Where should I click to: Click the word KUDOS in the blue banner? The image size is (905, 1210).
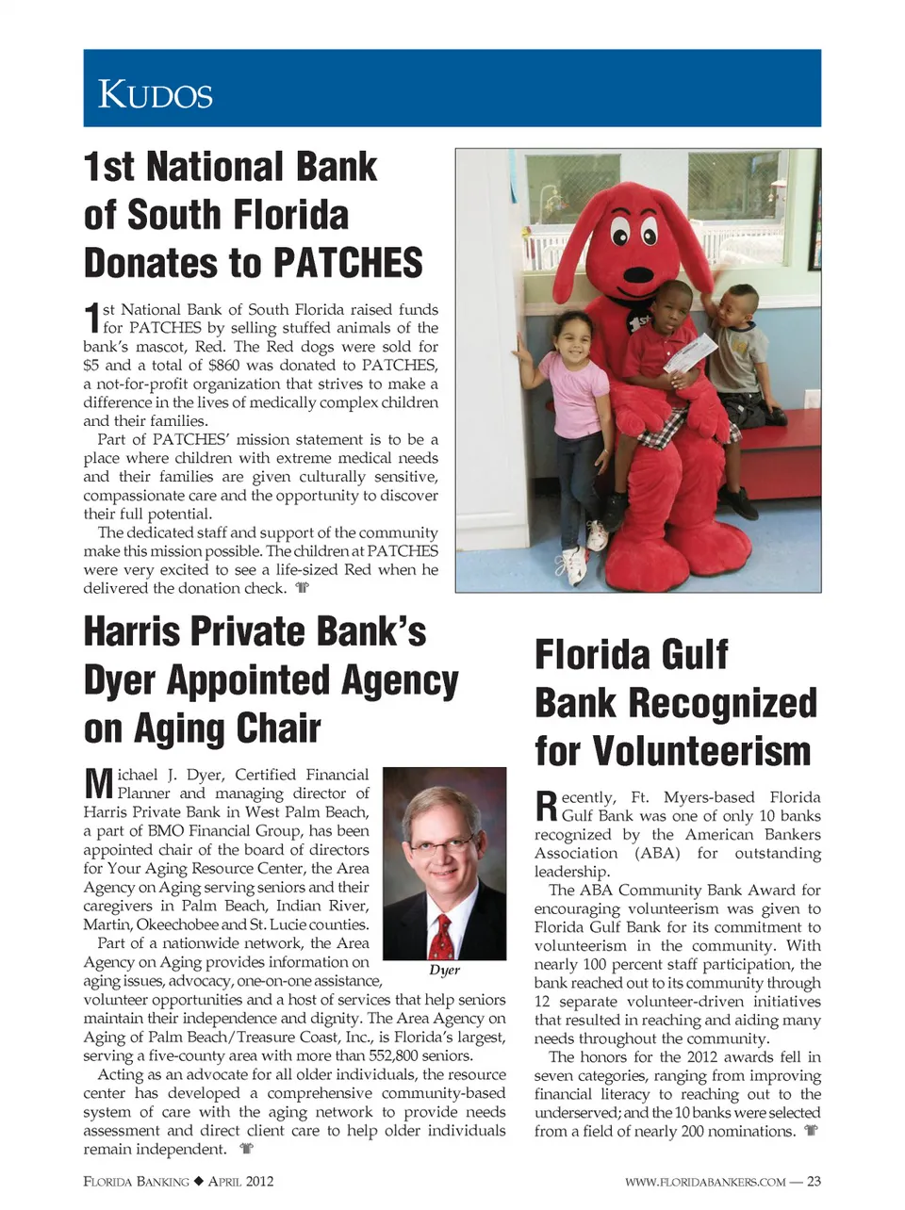156,94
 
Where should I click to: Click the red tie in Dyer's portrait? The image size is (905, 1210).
440,933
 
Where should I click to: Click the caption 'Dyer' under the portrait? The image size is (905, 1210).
444,970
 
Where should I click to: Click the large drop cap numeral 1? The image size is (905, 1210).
91,319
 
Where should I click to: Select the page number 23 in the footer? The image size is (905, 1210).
814,1182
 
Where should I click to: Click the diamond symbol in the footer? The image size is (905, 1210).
199,1182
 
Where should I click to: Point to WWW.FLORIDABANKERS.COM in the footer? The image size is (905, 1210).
704,1182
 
